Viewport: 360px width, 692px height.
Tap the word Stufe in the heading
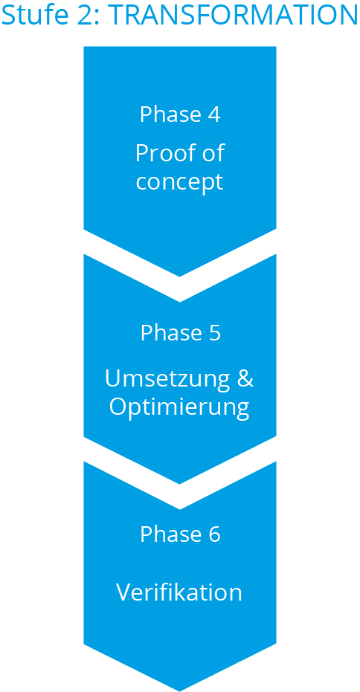pyautogui.click(x=33, y=14)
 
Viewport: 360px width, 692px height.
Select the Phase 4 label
pyautogui.click(x=180, y=114)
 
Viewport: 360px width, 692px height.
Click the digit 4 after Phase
pyautogui.click(x=213, y=114)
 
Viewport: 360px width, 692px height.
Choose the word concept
pyautogui.click(x=179, y=181)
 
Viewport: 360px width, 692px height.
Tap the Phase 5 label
pyautogui.click(x=180, y=333)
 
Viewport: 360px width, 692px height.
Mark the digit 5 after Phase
pyautogui.click(x=214, y=333)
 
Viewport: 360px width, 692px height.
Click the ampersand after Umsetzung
pyautogui.click(x=245, y=378)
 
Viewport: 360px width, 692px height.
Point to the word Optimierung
pyautogui.click(x=179, y=407)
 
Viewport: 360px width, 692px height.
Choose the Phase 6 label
pyautogui.click(x=180, y=534)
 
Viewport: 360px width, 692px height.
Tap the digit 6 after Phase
pyautogui.click(x=214, y=534)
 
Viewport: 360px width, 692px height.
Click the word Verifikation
pyautogui.click(x=179, y=592)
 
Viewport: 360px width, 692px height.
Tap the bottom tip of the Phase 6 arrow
pyautogui.click(x=179, y=688)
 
